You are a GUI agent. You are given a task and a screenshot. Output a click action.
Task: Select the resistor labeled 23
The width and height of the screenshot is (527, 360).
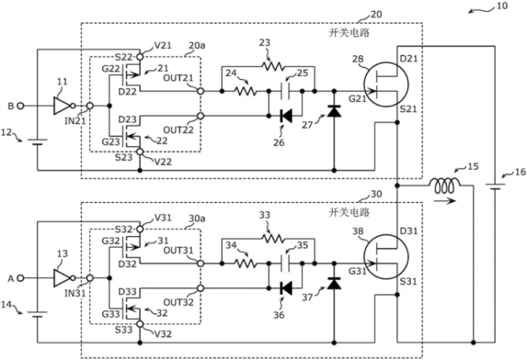[271, 67]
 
